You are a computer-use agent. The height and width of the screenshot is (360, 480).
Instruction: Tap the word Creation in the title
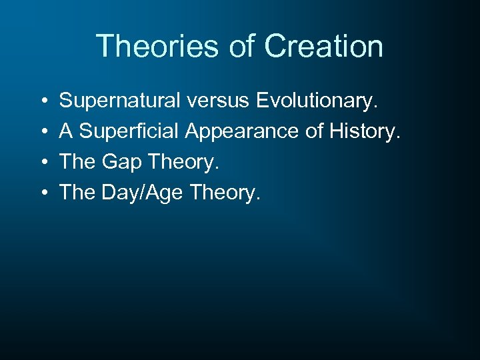click(x=323, y=47)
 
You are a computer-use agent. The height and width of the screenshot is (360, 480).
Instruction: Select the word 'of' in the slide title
click(x=243, y=47)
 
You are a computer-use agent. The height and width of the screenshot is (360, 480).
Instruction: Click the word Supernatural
click(x=120, y=101)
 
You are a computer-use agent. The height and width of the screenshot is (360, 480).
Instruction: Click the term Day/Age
click(x=143, y=193)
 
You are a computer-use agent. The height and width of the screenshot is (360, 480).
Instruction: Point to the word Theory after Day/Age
click(x=225, y=193)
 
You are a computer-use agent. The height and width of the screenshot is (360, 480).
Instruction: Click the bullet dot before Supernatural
click(x=42, y=101)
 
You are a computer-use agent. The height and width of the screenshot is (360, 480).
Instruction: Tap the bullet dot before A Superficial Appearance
click(x=42, y=132)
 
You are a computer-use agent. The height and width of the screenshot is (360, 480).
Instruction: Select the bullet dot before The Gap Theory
click(x=42, y=163)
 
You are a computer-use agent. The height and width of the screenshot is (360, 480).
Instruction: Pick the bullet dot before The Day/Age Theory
click(x=42, y=193)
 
